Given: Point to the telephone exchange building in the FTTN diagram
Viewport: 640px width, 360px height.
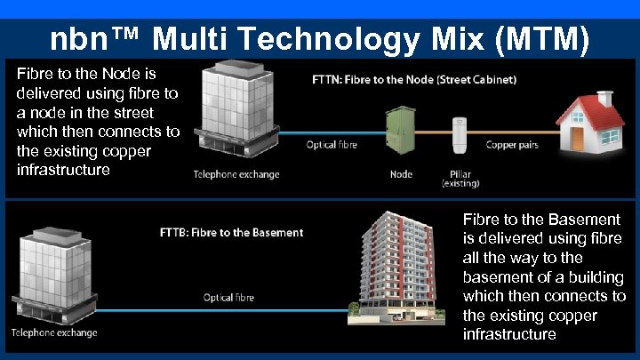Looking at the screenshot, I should [235, 107].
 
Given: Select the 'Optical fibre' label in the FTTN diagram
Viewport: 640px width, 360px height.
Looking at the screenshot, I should [332, 145].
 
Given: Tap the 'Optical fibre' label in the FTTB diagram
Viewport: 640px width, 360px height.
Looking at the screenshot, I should [228, 297].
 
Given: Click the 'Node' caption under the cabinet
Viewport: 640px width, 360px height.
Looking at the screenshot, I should [401, 174].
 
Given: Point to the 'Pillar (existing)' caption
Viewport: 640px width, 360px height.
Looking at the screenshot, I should [460, 179].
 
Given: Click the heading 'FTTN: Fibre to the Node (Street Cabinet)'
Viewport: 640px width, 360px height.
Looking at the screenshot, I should [414, 79].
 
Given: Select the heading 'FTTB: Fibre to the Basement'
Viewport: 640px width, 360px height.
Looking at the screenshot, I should [230, 232].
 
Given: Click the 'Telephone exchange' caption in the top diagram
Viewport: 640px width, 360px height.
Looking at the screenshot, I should [236, 174].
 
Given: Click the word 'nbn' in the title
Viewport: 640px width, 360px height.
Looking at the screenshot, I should [77, 39].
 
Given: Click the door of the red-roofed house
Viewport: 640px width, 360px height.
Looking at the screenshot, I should [579, 138].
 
